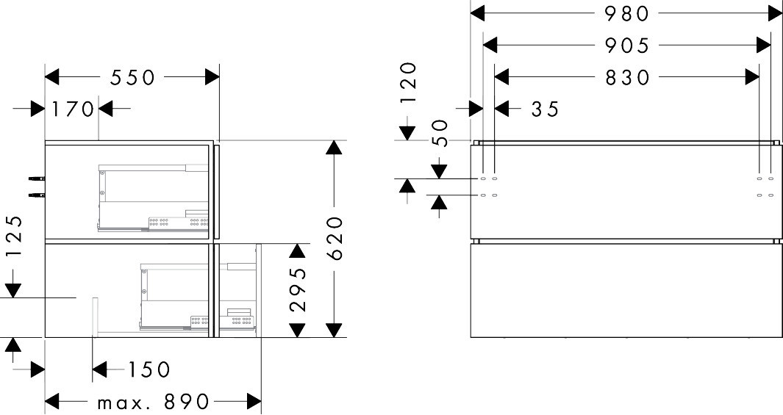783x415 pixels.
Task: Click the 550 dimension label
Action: pyautogui.click(x=133, y=77)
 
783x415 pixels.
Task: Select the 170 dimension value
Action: pyautogui.click(x=73, y=109)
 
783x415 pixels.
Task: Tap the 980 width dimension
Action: pyautogui.click(x=628, y=13)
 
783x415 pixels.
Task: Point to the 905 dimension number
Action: pyautogui.click(x=628, y=46)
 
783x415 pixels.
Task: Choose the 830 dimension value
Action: pyautogui.click(x=628, y=77)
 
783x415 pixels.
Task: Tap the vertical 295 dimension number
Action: pyautogui.click(x=297, y=289)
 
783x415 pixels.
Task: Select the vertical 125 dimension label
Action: pyautogui.click(x=13, y=237)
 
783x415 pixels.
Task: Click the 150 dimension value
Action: pyautogui.click(x=149, y=369)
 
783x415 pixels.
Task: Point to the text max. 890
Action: pyautogui.click(x=153, y=403)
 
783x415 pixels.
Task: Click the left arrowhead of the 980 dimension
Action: pyautogui.click(x=477, y=13)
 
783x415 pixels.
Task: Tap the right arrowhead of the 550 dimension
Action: pyautogui.click(x=212, y=76)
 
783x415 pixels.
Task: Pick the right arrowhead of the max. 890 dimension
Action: pyautogui.click(x=254, y=403)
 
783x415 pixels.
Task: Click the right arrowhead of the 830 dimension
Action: pyautogui.click(x=752, y=76)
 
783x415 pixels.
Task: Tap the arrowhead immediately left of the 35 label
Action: pyautogui.click(x=501, y=109)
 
